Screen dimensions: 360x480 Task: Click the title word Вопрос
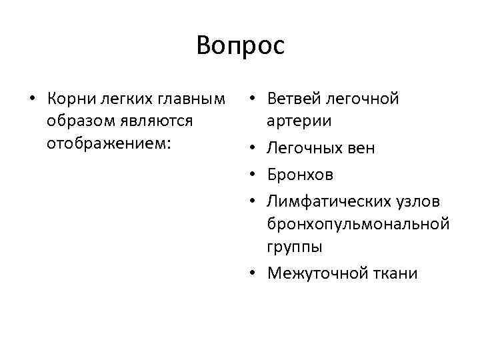pos(240,46)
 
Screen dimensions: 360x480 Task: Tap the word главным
pos(189,99)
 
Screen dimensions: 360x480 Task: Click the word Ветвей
pos(290,99)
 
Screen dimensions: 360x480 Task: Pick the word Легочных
pos(303,147)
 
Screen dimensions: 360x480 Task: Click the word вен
pos(361,147)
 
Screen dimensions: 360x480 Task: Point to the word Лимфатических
pos(323,201)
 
